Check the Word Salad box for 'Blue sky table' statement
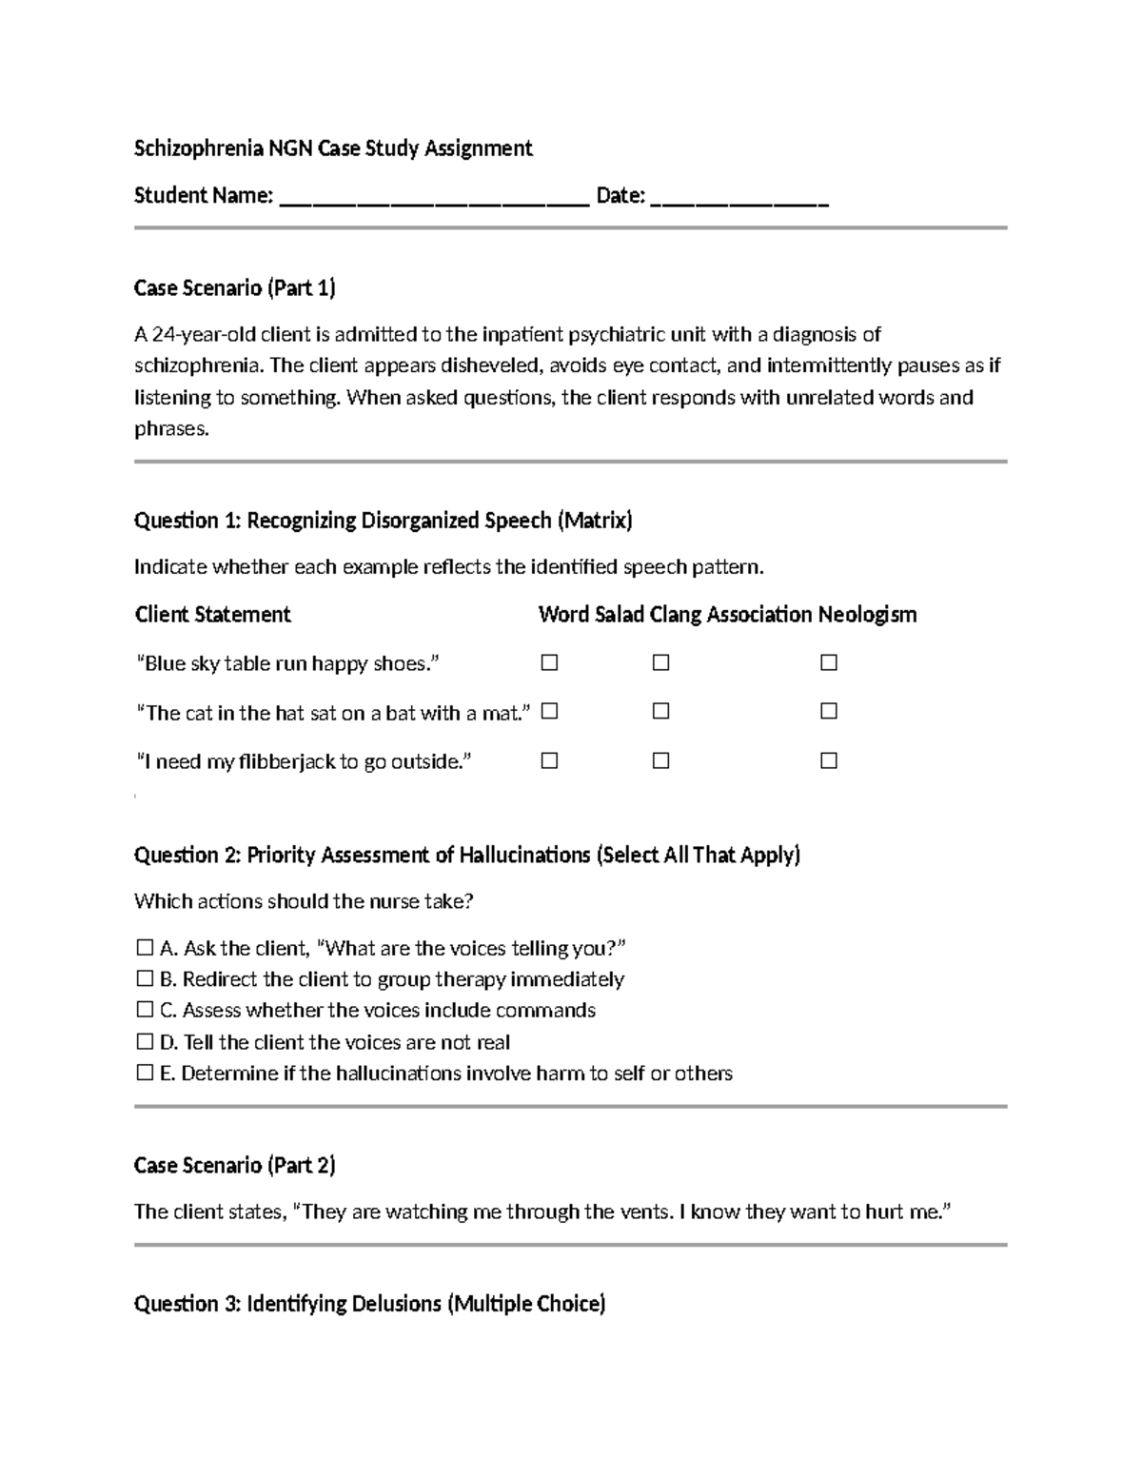pos(549,662)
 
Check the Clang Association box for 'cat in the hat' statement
pos(660,711)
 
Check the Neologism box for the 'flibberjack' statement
pos(829,760)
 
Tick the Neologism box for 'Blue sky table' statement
pos(829,662)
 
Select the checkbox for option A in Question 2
pos(145,947)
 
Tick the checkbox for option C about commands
pos(145,1009)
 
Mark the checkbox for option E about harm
pos(145,1073)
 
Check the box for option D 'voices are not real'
pos(145,1041)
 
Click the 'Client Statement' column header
pos(212,614)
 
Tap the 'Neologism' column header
pos(867,614)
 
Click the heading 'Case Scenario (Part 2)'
pos(234,1165)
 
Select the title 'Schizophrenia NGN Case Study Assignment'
pos(333,148)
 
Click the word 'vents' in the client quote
pos(644,1212)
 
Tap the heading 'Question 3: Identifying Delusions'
pos(369,1303)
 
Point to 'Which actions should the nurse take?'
pos(304,900)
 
